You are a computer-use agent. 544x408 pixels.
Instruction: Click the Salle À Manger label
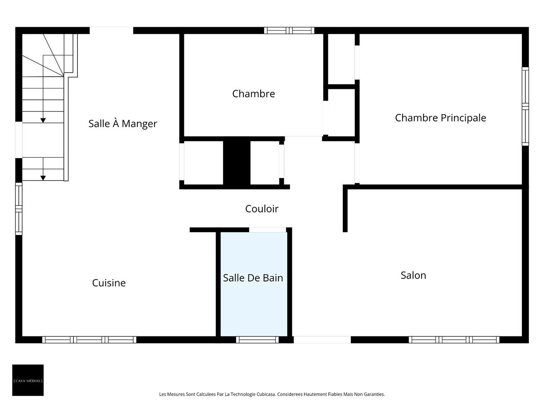click(122, 123)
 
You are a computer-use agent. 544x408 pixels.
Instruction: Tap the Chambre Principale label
click(440, 118)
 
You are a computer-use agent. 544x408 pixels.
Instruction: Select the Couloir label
click(262, 209)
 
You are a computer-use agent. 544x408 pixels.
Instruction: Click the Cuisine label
click(109, 283)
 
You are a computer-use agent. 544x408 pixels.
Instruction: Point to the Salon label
click(413, 275)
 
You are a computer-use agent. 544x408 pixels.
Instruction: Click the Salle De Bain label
click(253, 278)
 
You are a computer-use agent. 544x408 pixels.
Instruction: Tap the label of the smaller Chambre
click(253, 94)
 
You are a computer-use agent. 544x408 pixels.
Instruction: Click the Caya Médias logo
click(28, 380)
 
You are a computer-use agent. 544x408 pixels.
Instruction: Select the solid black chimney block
click(237, 162)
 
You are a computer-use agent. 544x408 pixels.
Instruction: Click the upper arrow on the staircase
click(43, 120)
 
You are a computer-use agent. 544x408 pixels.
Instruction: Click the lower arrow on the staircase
click(43, 177)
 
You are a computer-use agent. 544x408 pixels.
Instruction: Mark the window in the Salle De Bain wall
click(257, 340)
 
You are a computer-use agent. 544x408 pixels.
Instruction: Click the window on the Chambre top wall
click(289, 30)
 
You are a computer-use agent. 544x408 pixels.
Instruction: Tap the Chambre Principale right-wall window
click(525, 106)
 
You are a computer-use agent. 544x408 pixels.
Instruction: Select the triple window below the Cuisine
click(89, 340)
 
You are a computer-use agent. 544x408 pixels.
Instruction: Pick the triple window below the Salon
click(454, 340)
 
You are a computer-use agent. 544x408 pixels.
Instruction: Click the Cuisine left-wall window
click(19, 209)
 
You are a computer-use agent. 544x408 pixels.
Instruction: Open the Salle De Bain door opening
click(267, 230)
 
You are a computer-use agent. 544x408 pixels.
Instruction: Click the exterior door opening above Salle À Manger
click(111, 30)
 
